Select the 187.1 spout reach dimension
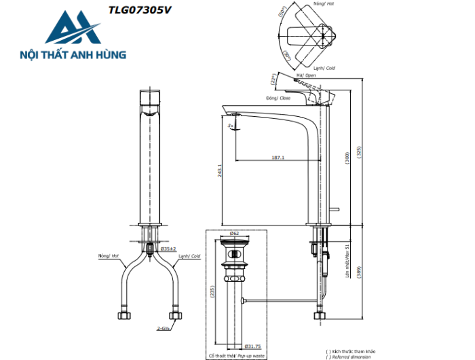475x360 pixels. point(278,157)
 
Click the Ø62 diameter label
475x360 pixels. point(234,233)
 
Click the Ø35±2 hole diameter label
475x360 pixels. point(168,249)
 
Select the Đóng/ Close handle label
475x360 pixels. point(278,98)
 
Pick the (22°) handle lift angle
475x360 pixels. point(275,79)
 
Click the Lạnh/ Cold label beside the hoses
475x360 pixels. point(189,257)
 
